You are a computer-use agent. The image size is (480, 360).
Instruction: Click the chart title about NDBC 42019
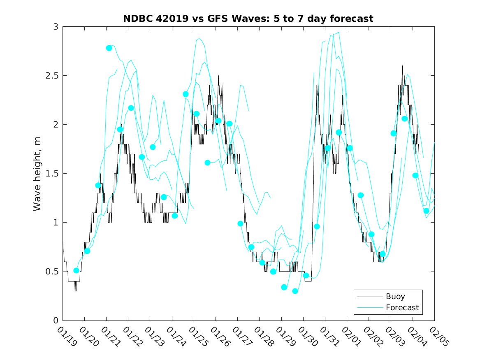(x=248, y=19)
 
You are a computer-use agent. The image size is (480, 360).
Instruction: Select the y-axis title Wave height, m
(x=37, y=173)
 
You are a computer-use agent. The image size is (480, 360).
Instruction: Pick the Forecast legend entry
(x=402, y=307)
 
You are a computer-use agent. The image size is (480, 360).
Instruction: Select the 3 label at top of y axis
(x=55, y=27)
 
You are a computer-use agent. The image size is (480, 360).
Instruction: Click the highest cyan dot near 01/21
(x=109, y=48)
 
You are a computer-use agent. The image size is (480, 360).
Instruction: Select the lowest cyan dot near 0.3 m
(x=295, y=291)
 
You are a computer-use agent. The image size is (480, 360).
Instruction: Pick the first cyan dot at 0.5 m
(x=76, y=270)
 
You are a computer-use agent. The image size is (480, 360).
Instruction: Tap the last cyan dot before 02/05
(x=426, y=211)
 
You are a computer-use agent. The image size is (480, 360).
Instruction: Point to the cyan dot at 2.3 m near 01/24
(x=186, y=94)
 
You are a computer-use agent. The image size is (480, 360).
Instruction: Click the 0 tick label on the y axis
(x=55, y=321)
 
